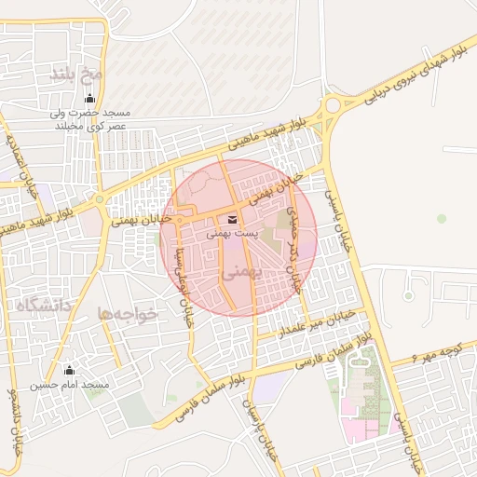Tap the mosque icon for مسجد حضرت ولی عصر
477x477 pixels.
tap(89, 98)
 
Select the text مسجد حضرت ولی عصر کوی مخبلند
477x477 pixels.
tap(90, 118)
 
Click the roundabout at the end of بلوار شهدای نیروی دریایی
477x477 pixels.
tap(332, 105)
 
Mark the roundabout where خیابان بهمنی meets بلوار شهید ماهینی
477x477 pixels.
tap(99, 198)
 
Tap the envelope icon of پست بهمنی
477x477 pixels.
tap(232, 219)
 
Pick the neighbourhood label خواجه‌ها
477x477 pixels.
tap(128, 314)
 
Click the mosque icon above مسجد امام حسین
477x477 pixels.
tap(69, 369)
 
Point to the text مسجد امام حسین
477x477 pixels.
tap(69, 385)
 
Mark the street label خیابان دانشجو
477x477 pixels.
tap(13, 419)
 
